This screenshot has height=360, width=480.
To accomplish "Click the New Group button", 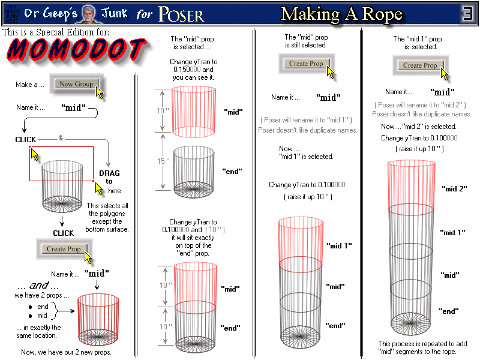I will tap(76, 84).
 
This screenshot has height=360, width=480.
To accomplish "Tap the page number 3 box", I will tap(469, 13).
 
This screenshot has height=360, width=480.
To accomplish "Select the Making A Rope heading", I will tap(341, 14).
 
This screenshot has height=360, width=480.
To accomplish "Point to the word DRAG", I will tap(109, 173).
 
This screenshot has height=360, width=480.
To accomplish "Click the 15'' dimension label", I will tap(160, 161).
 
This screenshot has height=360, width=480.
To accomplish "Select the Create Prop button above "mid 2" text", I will tap(420, 65).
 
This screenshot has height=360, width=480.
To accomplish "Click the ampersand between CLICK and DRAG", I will tap(61, 138).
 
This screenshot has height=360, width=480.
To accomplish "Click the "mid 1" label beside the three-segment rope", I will tap(338, 246).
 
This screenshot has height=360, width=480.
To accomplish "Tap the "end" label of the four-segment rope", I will tap(449, 311).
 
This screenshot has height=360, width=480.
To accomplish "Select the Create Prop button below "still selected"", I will tap(306, 64).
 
